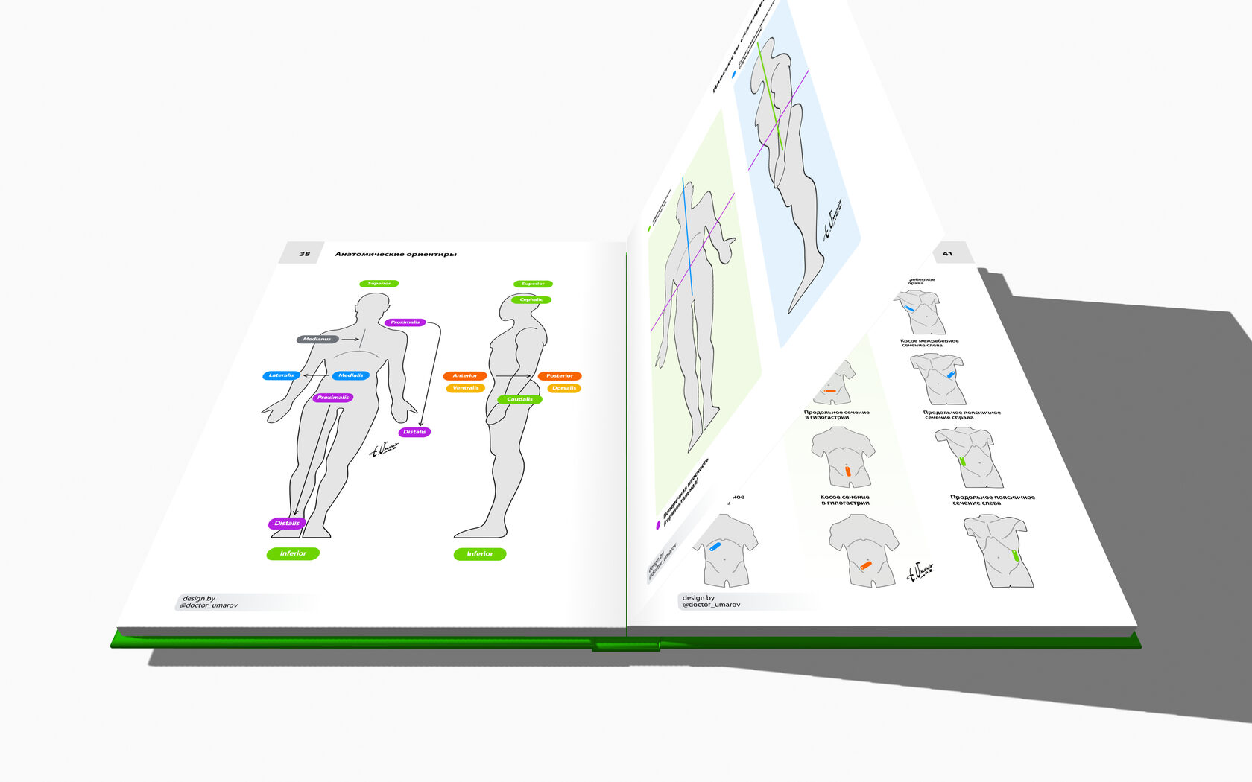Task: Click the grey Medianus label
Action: coord(317,340)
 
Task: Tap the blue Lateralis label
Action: coord(281,375)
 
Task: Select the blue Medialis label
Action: coord(350,375)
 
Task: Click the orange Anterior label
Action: coord(465,376)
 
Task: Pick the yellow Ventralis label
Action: coord(466,388)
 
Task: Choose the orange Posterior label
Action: coord(560,376)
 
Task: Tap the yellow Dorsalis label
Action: coord(564,388)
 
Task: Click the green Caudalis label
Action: coord(519,400)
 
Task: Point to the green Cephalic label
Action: coord(531,300)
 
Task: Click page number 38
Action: coord(304,254)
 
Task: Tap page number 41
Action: coord(947,254)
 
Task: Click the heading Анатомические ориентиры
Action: coord(396,255)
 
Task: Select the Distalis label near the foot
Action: coord(287,524)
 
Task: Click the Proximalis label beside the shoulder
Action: coord(405,322)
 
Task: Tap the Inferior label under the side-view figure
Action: coord(480,554)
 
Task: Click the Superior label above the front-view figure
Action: coord(379,284)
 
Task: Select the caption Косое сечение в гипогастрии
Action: coord(844,500)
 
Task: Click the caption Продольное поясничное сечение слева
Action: coord(992,500)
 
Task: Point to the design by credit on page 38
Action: coord(209,602)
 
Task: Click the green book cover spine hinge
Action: coord(626,644)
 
